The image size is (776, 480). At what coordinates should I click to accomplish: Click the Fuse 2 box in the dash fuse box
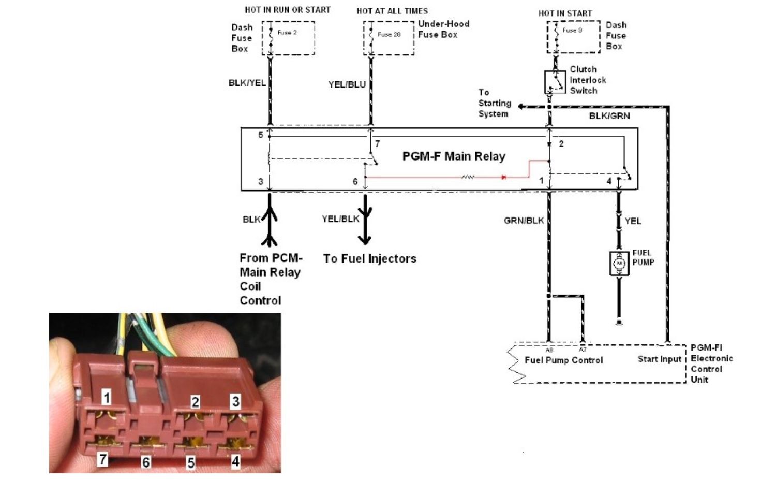(288, 38)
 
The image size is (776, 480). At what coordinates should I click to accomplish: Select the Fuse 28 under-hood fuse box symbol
(388, 38)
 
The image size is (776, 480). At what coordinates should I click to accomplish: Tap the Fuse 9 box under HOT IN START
(573, 37)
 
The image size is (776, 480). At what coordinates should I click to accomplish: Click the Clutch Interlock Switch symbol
(555, 82)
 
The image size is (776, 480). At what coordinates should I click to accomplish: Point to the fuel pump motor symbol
(619, 263)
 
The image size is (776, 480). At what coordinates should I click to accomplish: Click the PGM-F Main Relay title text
(454, 156)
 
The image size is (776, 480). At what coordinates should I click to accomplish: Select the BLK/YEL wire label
(247, 83)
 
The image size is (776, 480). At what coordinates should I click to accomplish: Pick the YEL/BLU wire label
(347, 84)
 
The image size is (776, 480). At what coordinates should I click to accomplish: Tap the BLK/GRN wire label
(609, 116)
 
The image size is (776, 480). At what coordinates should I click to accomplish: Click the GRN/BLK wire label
(524, 221)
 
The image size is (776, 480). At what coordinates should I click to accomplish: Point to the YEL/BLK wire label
(340, 219)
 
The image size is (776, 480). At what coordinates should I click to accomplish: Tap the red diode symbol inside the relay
(503, 177)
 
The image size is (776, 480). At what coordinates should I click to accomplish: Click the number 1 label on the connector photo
(107, 397)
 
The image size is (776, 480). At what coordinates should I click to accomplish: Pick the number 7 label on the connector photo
(103, 459)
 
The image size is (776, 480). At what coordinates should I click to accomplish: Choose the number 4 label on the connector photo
(235, 461)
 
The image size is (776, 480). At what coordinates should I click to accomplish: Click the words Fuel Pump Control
(563, 360)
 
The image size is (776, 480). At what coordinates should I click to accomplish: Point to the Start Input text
(659, 359)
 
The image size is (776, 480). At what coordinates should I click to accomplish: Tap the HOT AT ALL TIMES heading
(392, 11)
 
